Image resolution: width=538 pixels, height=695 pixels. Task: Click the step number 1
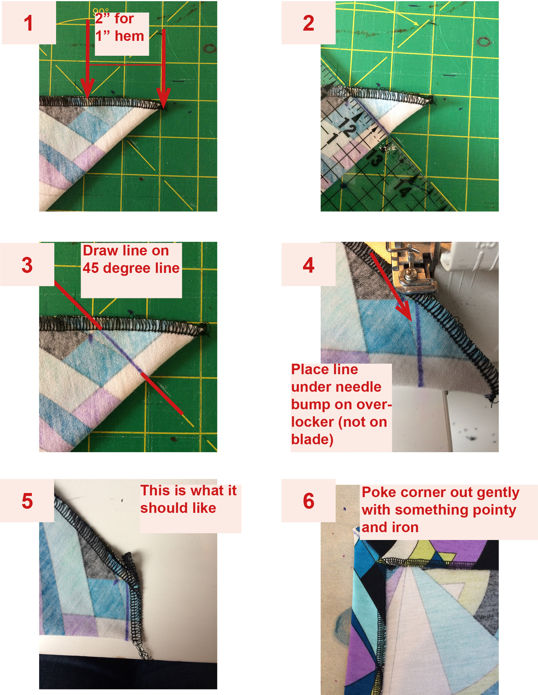(x=29, y=23)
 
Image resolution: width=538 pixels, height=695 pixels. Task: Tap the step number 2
(x=308, y=23)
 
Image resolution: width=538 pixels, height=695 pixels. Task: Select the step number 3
(x=27, y=265)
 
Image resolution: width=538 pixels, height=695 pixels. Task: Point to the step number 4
(x=308, y=265)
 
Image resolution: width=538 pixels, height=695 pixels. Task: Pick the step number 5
(x=27, y=501)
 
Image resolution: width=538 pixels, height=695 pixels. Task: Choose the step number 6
(x=308, y=501)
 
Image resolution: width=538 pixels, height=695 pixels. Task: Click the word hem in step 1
(x=129, y=36)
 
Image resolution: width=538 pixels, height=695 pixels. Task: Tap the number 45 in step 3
(x=91, y=268)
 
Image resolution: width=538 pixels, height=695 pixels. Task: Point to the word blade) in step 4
(x=312, y=440)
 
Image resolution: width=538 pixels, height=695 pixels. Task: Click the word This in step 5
(x=155, y=490)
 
